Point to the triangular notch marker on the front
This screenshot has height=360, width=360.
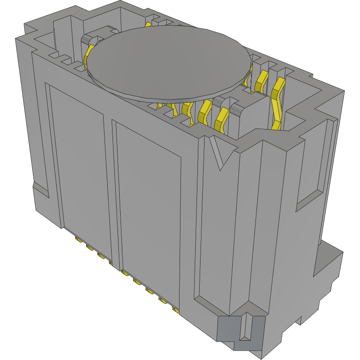(221, 155)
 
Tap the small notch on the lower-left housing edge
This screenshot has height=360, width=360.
(40, 190)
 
